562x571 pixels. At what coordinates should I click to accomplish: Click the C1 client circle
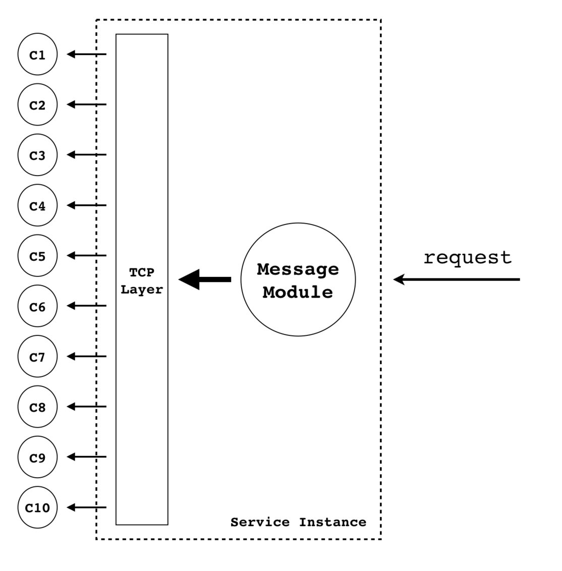[37, 54]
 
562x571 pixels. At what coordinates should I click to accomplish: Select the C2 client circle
[37, 105]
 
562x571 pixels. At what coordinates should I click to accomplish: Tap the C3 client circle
[37, 155]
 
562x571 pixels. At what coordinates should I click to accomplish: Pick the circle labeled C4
[37, 205]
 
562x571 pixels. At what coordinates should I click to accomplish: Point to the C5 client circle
[37, 256]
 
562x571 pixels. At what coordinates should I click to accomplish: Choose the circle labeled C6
[37, 306]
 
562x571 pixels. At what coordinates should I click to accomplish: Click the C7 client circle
[37, 357]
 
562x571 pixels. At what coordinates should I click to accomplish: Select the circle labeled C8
[37, 407]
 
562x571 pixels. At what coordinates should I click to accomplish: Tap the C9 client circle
[37, 457]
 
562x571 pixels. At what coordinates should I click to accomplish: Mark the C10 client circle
[37, 507]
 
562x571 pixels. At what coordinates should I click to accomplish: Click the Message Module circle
[298, 279]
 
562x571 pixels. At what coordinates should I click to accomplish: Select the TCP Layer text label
[142, 281]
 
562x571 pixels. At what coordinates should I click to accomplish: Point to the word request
[467, 257]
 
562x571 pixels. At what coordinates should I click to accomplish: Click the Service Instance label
[298, 522]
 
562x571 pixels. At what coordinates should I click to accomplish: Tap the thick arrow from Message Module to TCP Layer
[205, 279]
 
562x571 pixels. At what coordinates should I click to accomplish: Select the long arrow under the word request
[457, 279]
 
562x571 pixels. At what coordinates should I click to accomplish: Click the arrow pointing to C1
[87, 54]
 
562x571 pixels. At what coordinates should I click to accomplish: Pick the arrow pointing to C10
[87, 507]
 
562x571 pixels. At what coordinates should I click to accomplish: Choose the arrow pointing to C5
[87, 256]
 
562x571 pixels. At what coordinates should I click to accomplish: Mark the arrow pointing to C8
[87, 407]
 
